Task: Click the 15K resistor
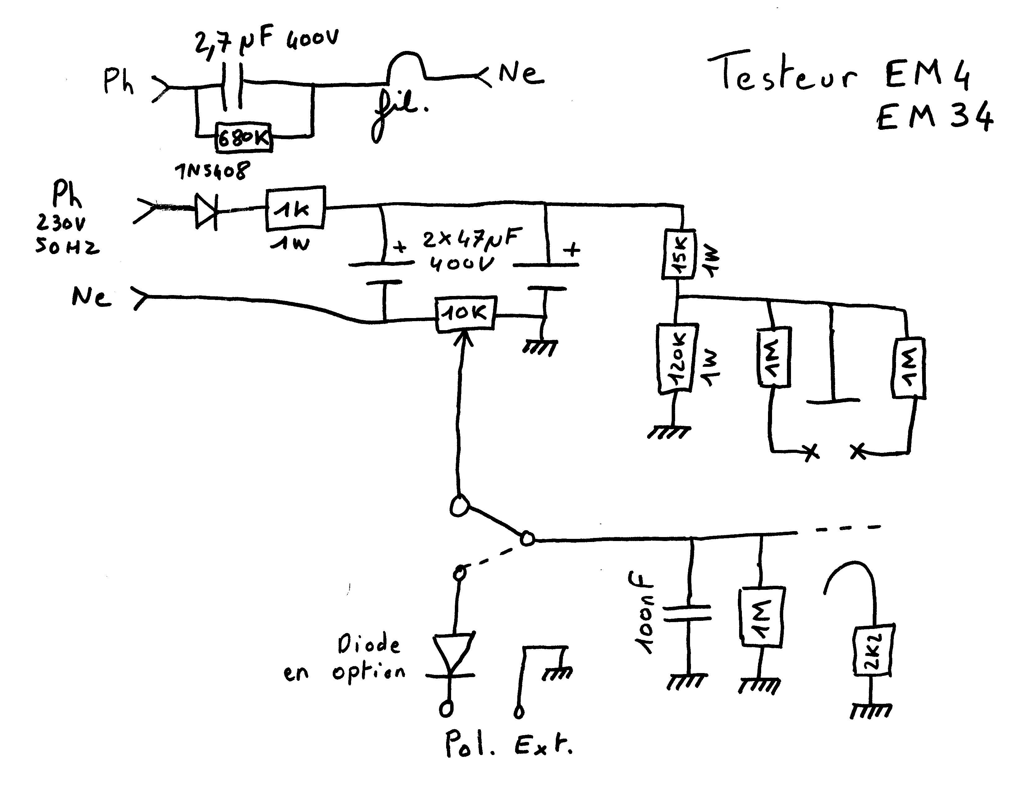click(x=679, y=254)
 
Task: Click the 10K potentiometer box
click(x=465, y=314)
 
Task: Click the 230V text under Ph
click(x=61, y=224)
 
